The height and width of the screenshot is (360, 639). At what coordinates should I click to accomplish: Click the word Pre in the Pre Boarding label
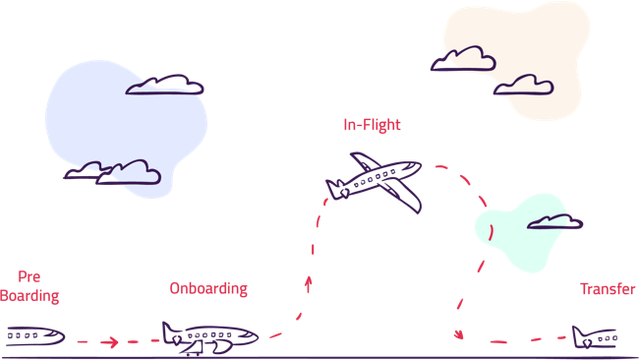(29, 277)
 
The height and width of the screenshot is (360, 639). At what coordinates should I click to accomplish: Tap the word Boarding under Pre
(29, 295)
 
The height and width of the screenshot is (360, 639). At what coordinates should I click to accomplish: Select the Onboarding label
(208, 289)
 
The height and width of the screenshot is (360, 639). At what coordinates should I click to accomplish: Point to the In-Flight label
(372, 126)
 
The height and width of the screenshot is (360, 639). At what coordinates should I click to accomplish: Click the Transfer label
(608, 289)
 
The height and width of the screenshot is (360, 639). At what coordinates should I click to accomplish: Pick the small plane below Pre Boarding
(35, 336)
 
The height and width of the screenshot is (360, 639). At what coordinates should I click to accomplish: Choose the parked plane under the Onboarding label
(208, 336)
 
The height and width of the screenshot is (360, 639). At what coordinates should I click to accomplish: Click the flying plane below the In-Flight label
(378, 181)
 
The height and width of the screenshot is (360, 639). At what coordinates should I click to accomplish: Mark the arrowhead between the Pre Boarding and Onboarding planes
(113, 342)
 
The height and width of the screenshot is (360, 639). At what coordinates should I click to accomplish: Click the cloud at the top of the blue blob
(164, 85)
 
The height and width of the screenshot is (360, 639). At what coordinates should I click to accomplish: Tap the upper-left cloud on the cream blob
(463, 60)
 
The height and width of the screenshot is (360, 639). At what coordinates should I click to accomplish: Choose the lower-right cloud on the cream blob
(523, 87)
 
